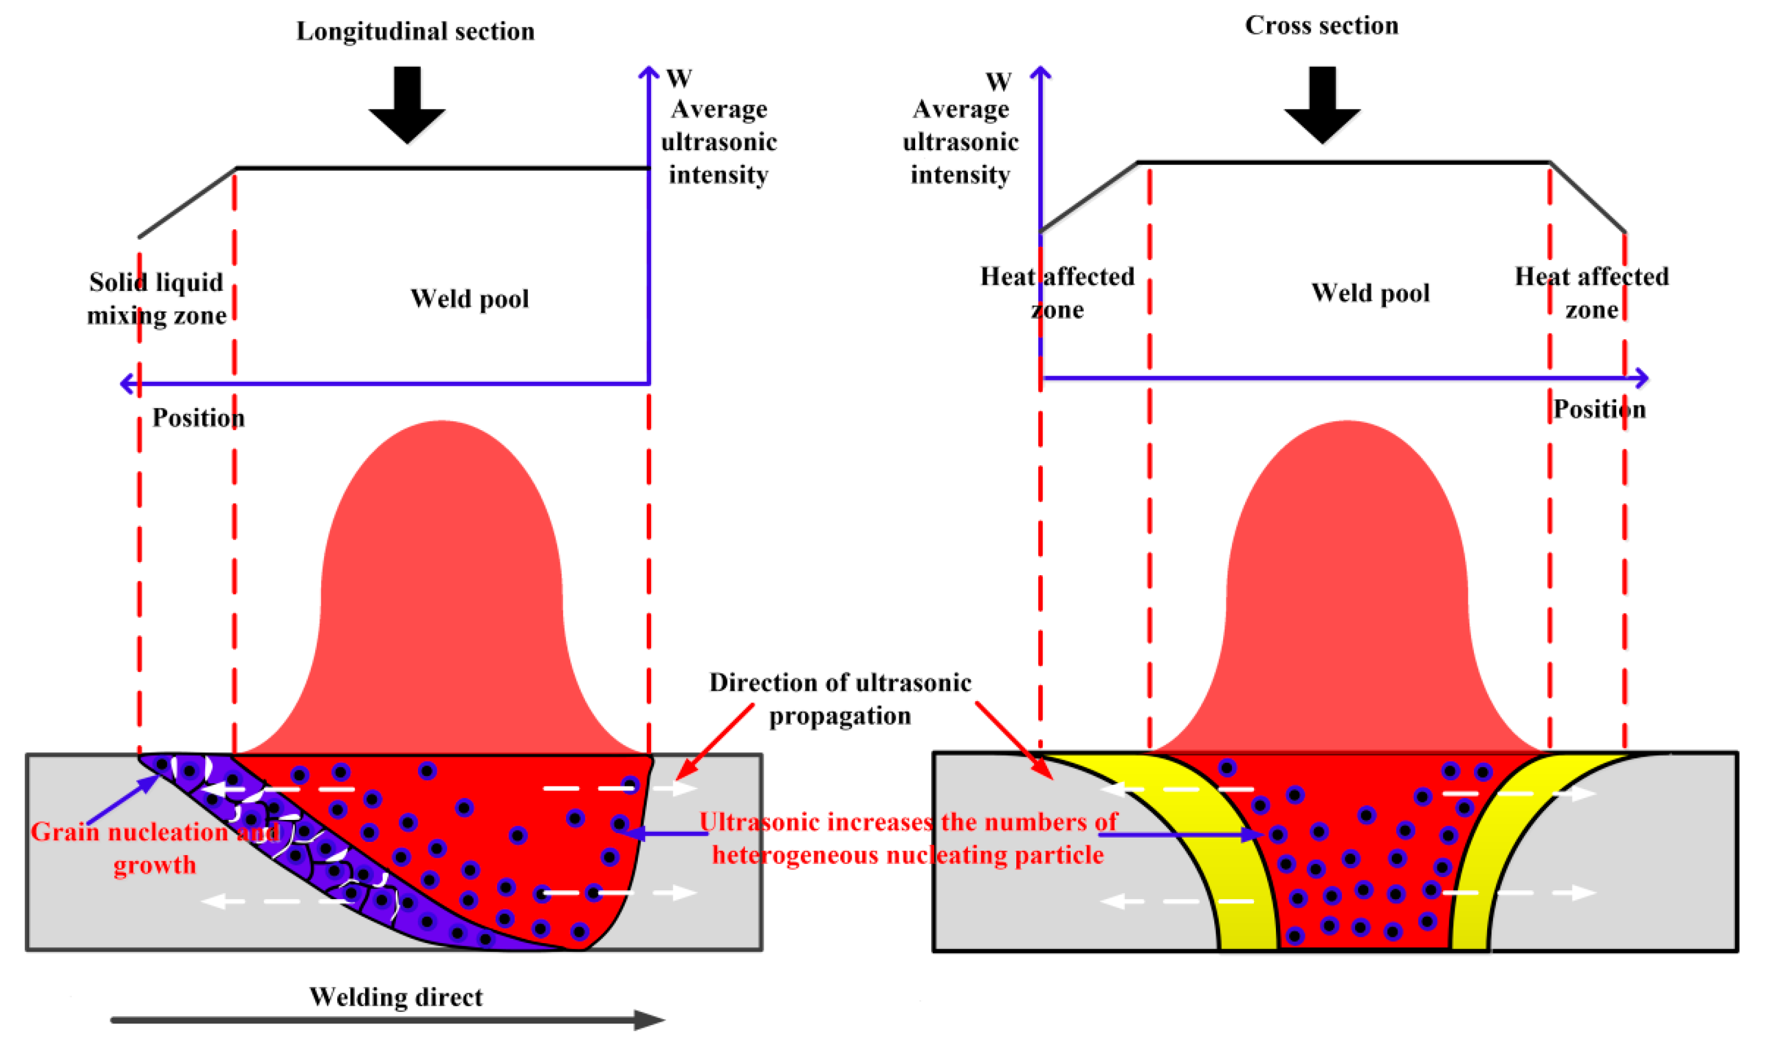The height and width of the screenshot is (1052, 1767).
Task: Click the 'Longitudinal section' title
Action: click(415, 31)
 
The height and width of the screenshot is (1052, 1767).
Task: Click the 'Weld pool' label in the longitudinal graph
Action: click(469, 299)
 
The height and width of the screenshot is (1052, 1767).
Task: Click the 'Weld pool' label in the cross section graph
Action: click(1370, 293)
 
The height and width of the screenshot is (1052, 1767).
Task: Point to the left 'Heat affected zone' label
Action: click(1057, 293)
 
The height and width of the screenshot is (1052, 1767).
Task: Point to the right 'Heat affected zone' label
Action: click(1591, 293)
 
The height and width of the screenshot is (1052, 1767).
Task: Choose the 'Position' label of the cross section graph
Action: click(1599, 409)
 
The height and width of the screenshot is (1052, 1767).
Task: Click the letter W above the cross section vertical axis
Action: click(999, 82)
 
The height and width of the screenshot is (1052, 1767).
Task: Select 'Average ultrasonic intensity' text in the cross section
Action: click(960, 142)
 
